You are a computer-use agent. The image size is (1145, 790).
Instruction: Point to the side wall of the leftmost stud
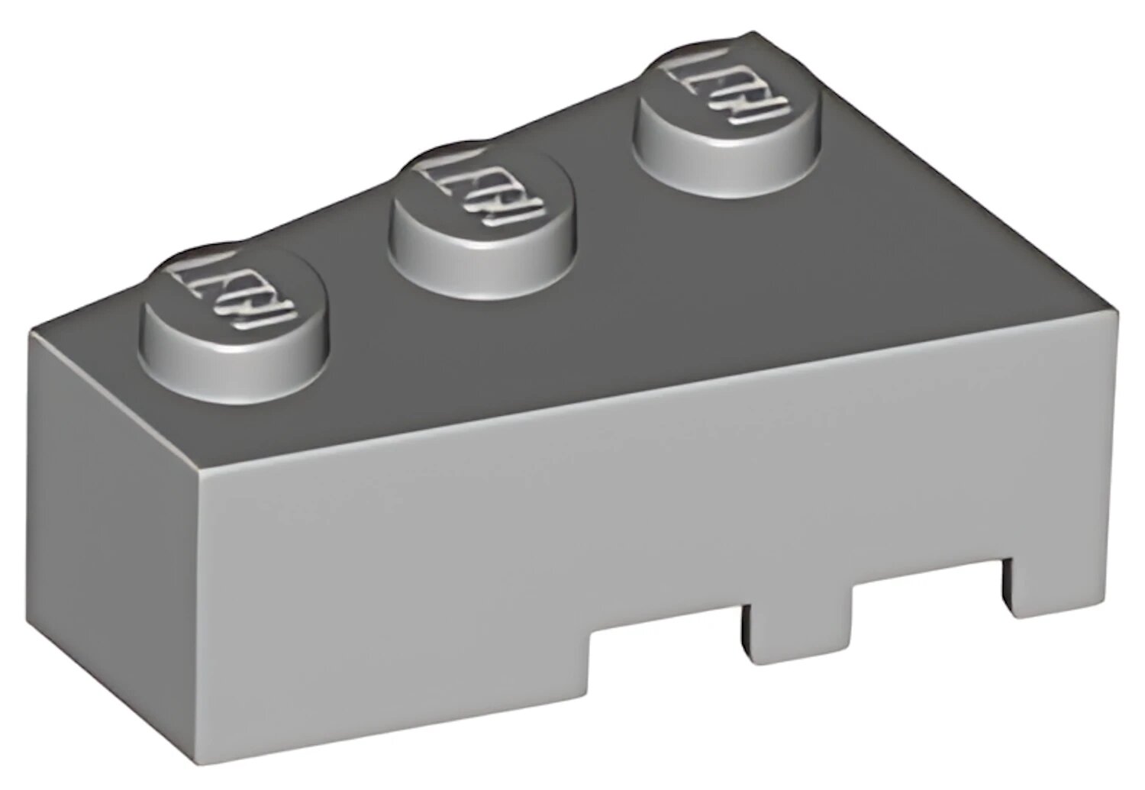(229, 359)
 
